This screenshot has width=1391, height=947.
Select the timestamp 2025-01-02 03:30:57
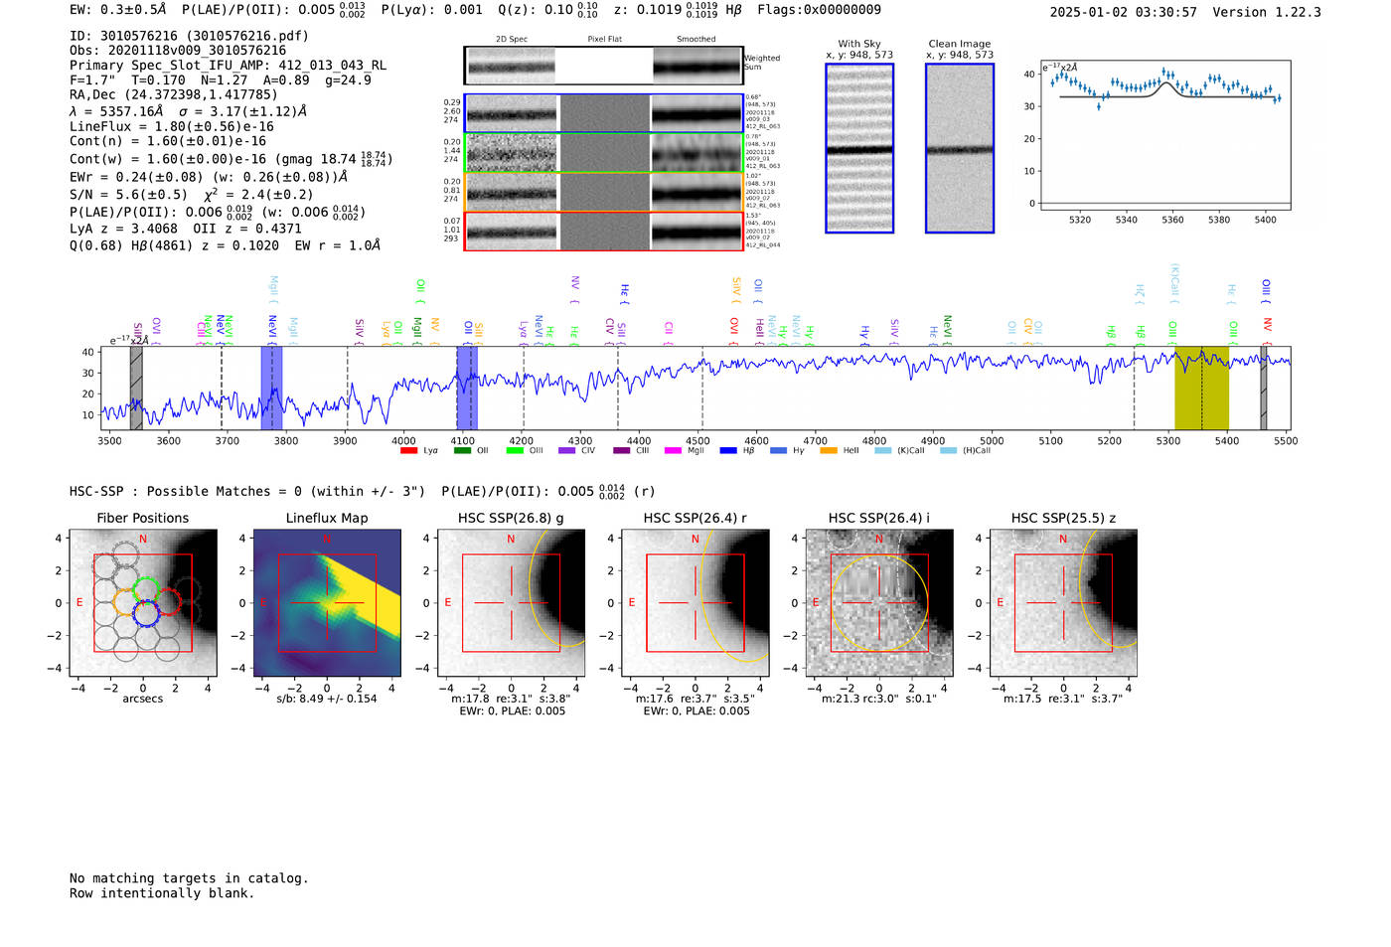pos(1123,12)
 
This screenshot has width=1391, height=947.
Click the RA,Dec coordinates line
pos(174,95)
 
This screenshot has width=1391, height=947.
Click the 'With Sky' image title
pos(858,44)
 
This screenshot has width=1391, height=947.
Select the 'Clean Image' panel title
pos(959,44)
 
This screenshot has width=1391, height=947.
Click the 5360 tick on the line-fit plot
pos(1172,221)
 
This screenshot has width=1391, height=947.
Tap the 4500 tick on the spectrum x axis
pos(697,440)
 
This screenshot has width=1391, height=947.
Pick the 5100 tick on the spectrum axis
pos(1050,440)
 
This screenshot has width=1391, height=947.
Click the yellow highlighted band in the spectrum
pos(1201,388)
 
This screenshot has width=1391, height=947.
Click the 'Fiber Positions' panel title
pos(142,518)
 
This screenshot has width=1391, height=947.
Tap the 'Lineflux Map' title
pos(326,518)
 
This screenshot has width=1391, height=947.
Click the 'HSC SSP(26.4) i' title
pos(878,518)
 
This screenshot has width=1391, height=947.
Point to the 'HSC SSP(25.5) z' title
pos(1063,518)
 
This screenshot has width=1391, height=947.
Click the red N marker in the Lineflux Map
pos(327,540)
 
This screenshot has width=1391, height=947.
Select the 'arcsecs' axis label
pos(142,699)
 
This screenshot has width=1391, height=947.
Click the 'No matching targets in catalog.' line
pos(189,878)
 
